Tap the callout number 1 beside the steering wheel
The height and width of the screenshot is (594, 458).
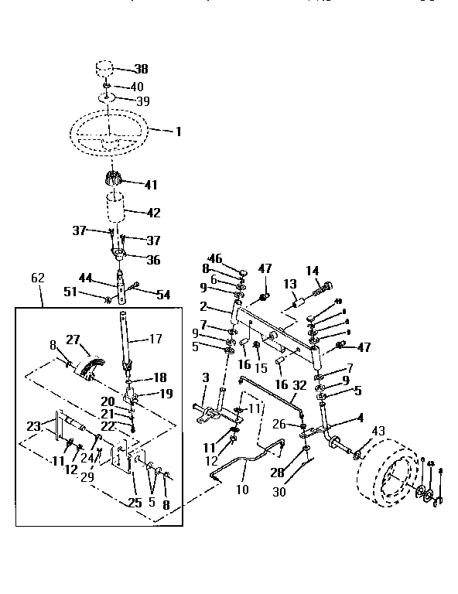[x=178, y=132]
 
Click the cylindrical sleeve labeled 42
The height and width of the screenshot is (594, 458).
[x=116, y=210]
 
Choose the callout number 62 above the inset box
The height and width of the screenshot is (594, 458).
[x=38, y=277]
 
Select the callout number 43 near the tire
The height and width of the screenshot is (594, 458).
[x=378, y=431]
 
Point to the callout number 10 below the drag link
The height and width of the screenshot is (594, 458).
[x=243, y=490]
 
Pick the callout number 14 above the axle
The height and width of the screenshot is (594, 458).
[x=312, y=271]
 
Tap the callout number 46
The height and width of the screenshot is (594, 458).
[x=215, y=258]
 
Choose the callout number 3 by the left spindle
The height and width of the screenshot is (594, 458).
[x=205, y=377]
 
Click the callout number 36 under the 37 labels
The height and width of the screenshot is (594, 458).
[x=153, y=261]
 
